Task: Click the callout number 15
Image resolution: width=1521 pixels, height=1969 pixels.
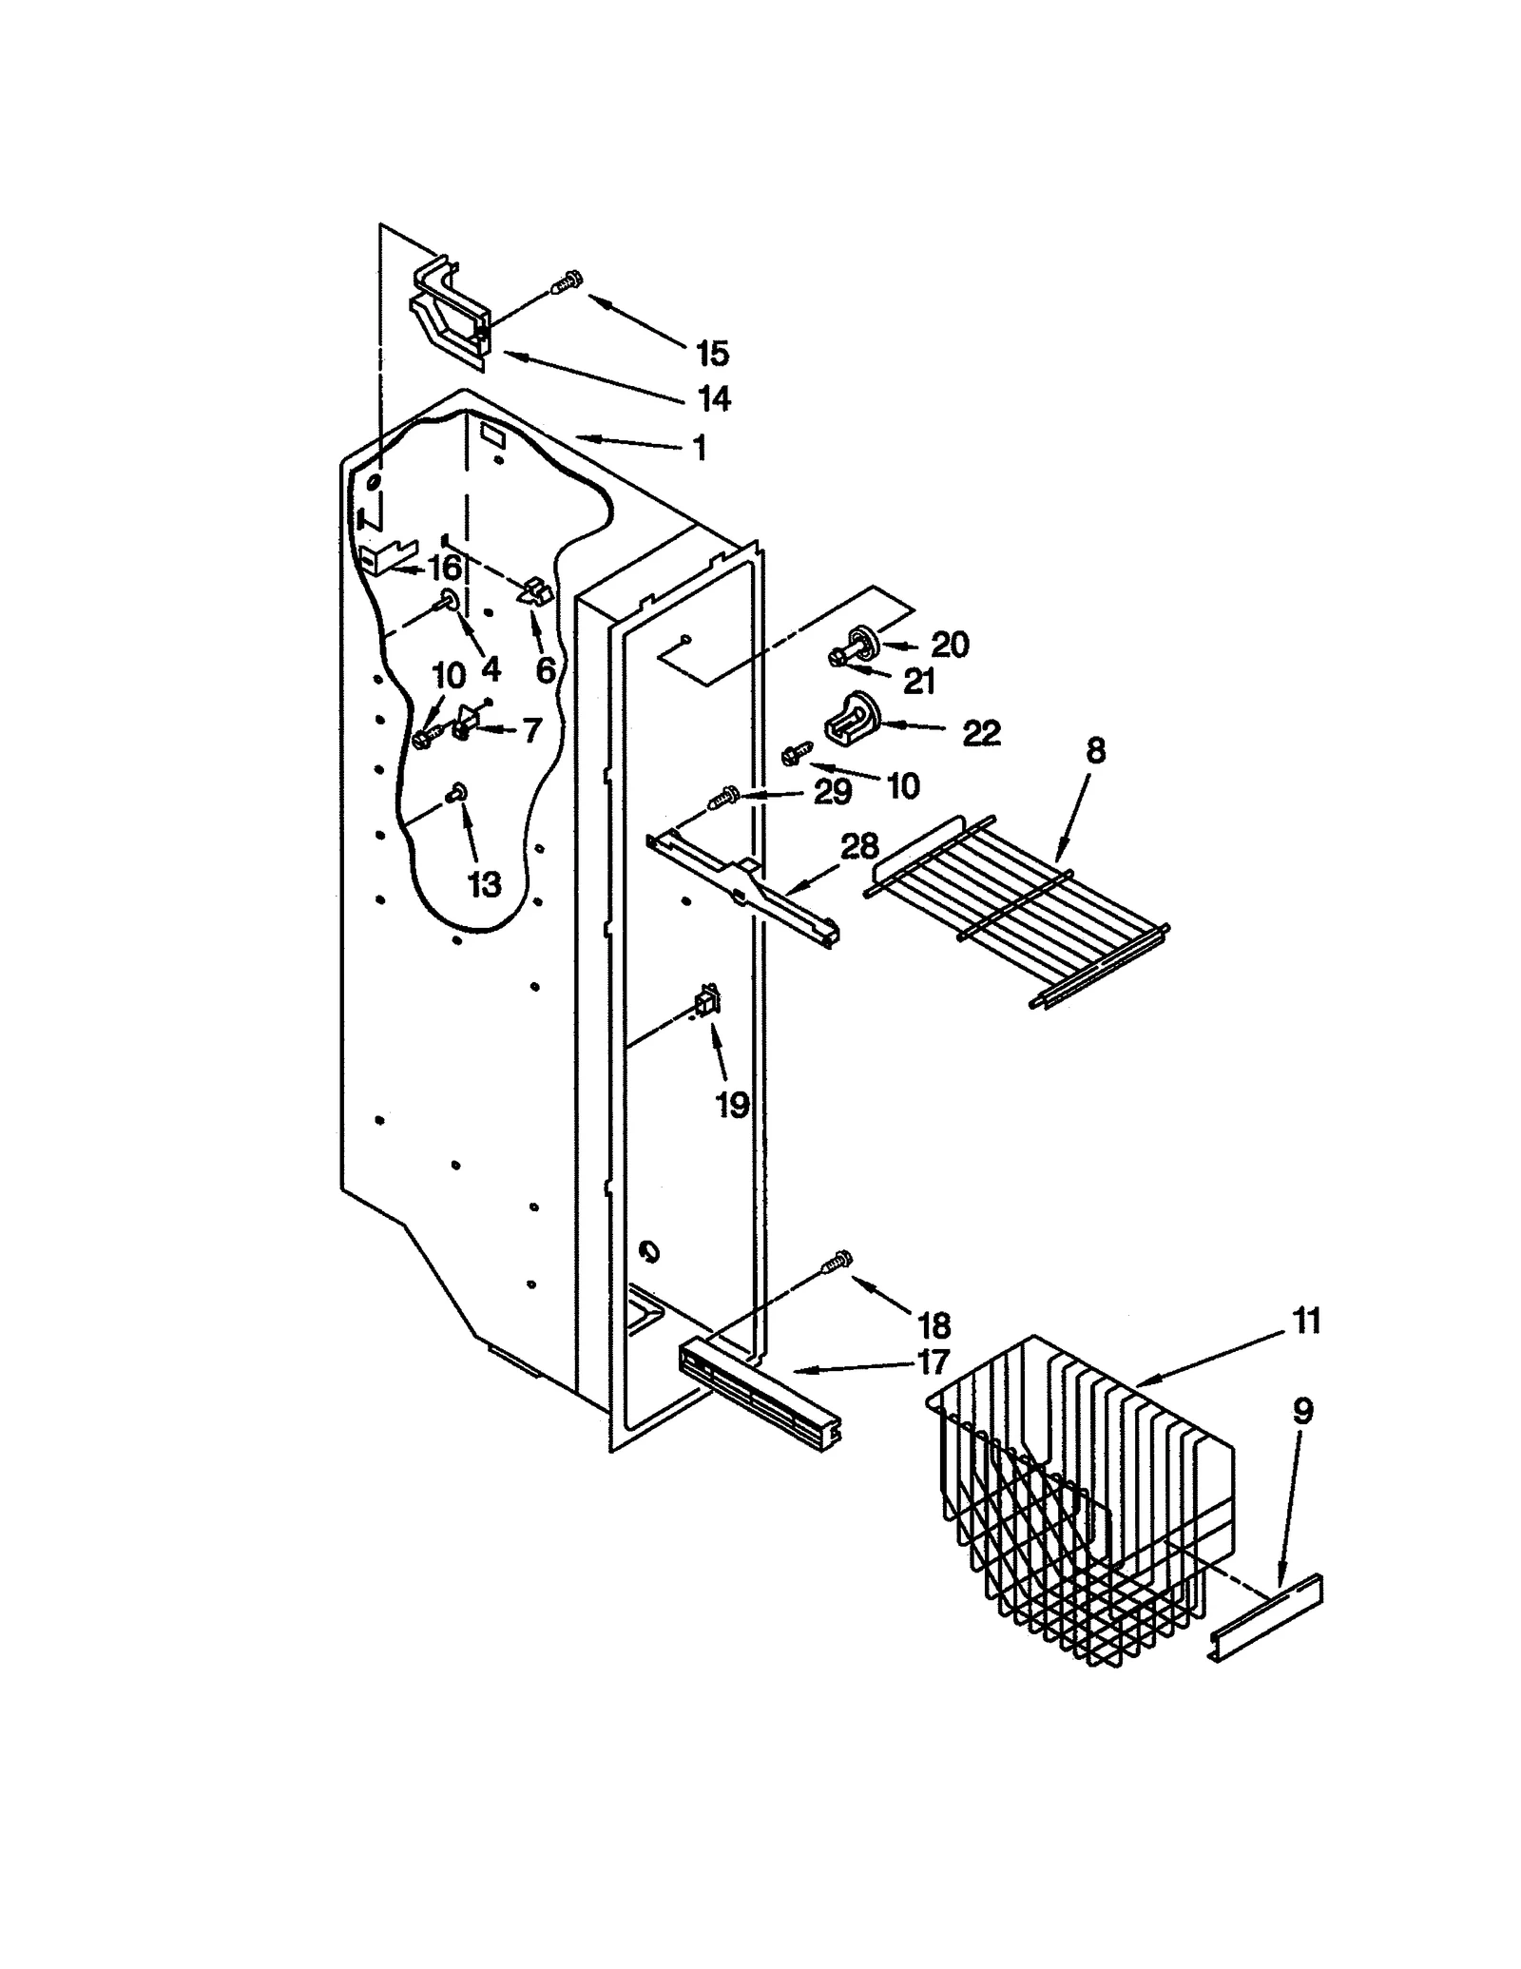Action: pos(711,354)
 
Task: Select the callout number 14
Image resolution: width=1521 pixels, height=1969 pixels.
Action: pos(713,398)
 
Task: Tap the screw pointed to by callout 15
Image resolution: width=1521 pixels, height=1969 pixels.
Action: pos(568,281)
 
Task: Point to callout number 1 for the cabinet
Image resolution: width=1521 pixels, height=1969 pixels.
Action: pos(700,448)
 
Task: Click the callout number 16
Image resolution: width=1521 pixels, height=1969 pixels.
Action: pos(444,569)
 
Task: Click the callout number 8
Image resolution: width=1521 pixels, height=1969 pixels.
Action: pos(1095,751)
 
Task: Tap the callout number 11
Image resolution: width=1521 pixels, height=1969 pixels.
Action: pos(1306,1321)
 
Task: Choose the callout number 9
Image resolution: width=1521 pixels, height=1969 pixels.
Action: pos(1302,1411)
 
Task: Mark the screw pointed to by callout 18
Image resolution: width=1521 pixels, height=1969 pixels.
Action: pos(837,1262)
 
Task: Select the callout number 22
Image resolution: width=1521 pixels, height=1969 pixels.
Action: pos(981,733)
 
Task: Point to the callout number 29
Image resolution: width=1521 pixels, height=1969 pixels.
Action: pos(832,792)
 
